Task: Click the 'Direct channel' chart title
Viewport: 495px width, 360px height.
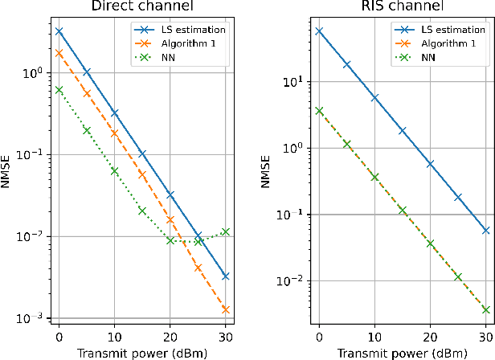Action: point(141,7)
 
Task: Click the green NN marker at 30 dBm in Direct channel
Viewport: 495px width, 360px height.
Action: point(226,231)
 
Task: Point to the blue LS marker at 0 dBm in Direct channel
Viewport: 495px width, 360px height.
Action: point(59,31)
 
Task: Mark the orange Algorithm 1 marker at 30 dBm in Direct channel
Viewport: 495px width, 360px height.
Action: point(226,309)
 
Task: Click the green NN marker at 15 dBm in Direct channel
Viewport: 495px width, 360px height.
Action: point(142,211)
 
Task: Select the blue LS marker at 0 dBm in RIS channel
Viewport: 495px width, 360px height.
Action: point(319,31)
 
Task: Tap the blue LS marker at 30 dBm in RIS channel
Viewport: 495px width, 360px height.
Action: point(485,230)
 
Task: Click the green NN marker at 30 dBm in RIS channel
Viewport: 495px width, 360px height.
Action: point(485,309)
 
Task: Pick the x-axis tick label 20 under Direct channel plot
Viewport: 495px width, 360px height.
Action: point(170,335)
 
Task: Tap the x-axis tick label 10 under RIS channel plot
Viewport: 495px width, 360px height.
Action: point(374,335)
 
